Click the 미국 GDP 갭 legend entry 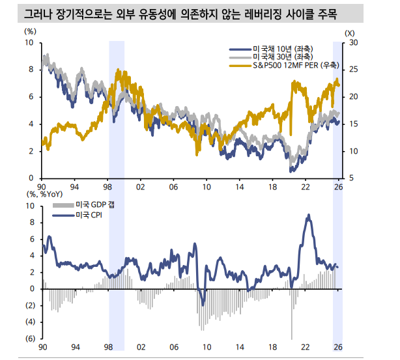click(94, 204)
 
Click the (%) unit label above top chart click(31, 31)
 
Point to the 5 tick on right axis click(352, 178)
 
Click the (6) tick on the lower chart click(30, 339)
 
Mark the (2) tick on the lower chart click(30, 305)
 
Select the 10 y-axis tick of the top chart click(30, 43)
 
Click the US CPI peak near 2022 click(309, 215)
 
